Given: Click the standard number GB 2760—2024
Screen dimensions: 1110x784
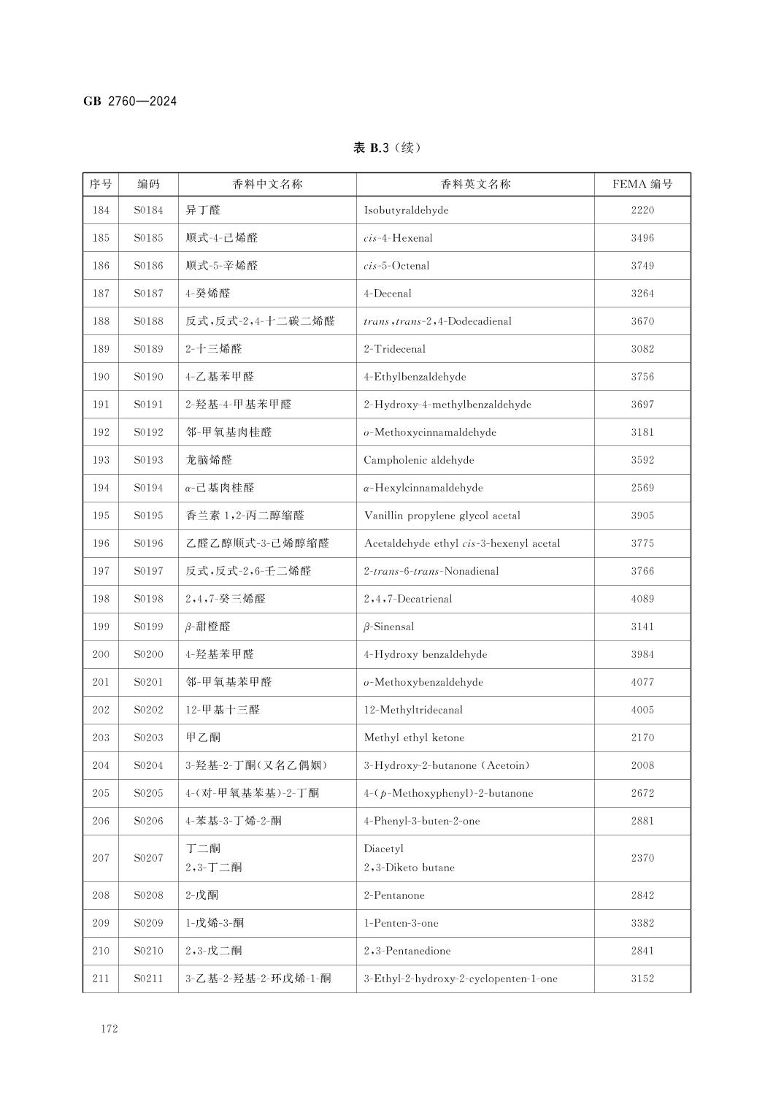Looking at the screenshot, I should click(x=130, y=102).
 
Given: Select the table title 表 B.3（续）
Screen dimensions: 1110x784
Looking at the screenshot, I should click(x=387, y=148).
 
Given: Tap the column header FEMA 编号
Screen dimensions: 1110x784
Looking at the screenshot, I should click(x=642, y=184).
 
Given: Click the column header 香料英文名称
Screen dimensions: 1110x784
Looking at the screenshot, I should click(x=475, y=184).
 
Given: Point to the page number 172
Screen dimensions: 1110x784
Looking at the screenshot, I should click(x=109, y=1028).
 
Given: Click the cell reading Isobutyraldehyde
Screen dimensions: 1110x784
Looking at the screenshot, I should click(x=406, y=210).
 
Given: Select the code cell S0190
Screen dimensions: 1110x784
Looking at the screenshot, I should click(x=148, y=377).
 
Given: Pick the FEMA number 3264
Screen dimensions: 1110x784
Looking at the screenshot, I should click(x=642, y=294).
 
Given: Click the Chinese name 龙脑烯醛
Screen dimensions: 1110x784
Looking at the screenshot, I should click(x=209, y=460).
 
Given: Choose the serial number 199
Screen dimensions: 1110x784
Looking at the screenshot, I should click(x=101, y=627).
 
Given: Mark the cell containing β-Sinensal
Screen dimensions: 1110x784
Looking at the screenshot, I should click(x=389, y=627).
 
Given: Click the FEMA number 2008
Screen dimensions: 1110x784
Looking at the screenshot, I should click(x=642, y=765).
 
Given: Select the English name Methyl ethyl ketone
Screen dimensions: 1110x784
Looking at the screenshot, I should click(x=414, y=738).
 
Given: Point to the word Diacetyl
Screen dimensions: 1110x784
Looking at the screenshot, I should click(x=383, y=849).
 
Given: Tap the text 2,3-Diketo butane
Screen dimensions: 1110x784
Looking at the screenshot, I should click(x=409, y=868).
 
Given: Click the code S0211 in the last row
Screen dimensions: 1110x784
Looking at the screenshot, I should click(x=148, y=979).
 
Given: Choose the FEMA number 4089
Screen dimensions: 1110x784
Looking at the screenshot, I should click(x=642, y=599).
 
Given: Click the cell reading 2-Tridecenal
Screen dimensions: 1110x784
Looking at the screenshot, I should click(x=394, y=349).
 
